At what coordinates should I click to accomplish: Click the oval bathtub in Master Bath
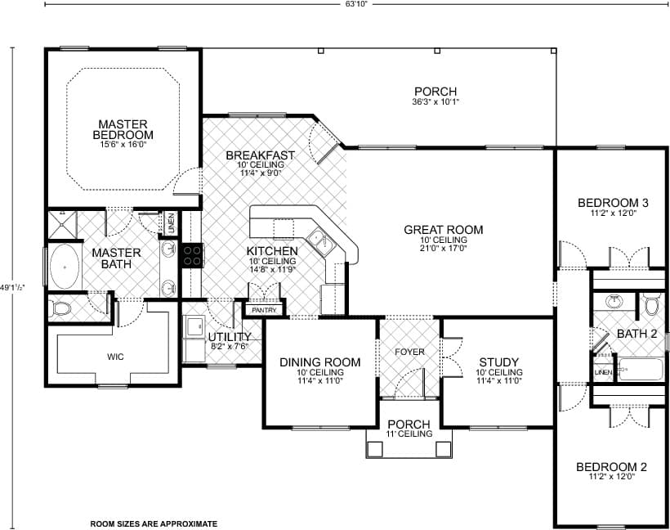coord(64,267)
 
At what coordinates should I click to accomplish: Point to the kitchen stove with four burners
coord(191,255)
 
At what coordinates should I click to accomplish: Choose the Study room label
coord(498,362)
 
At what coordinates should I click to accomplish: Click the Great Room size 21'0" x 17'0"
coord(443,248)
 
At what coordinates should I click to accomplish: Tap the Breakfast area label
coord(260,155)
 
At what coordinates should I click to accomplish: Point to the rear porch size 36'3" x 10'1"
coord(435,102)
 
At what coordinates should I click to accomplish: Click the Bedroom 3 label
coord(612,203)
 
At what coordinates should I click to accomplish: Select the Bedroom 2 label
coord(611,467)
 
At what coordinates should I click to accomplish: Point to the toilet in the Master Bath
coord(60,308)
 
